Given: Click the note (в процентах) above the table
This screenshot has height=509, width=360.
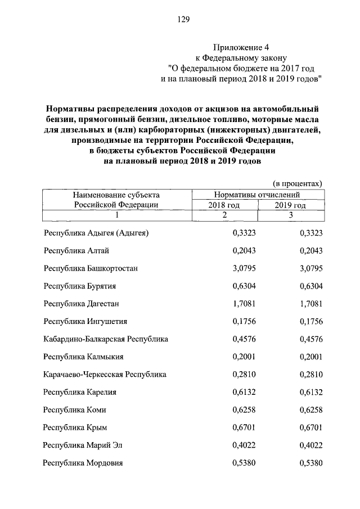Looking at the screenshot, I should (297, 183).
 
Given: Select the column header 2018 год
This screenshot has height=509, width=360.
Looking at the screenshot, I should (224, 205).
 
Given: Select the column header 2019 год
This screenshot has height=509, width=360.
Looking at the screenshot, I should (290, 205).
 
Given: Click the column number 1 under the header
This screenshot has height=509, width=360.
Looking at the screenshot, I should (116, 215).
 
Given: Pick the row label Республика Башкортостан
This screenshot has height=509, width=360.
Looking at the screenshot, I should (91, 268).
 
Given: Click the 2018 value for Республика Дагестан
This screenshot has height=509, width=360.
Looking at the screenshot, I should (244, 304).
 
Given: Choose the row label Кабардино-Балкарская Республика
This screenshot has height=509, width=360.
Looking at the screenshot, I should (106, 339).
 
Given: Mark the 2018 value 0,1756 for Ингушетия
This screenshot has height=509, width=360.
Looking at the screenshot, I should (244, 321).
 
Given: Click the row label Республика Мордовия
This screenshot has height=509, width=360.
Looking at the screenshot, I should (83, 463).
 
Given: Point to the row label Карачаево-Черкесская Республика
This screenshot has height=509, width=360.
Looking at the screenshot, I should (105, 375).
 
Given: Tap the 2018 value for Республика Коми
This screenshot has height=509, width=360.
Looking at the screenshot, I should (244, 410).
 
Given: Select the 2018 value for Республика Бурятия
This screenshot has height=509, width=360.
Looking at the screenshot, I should (244, 286).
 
